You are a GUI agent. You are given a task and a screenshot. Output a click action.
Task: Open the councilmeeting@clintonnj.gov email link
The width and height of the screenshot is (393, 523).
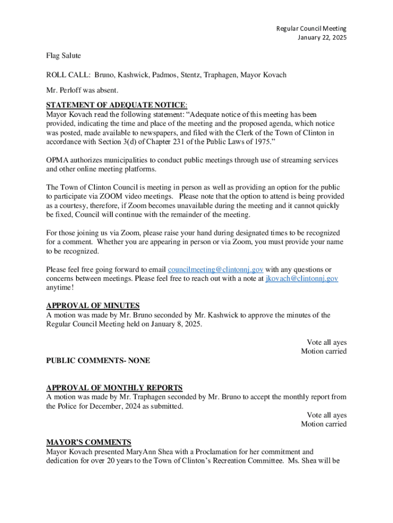click(x=215, y=270)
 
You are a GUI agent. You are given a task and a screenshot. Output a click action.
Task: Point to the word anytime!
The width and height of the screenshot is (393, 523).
click(x=60, y=288)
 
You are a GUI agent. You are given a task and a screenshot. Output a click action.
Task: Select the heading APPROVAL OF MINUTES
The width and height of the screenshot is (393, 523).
click(x=93, y=306)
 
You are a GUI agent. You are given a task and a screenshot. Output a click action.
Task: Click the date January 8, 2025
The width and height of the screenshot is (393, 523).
click(x=177, y=324)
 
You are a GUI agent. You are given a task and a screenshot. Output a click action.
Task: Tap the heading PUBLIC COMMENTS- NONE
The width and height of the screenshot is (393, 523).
click(x=98, y=361)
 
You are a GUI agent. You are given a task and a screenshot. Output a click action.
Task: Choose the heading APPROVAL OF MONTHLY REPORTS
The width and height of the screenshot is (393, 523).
click(x=114, y=388)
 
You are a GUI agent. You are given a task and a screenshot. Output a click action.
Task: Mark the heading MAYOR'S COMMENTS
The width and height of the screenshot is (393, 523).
click(x=88, y=442)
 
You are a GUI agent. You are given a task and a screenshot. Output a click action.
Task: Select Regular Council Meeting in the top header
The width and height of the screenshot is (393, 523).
click(x=311, y=29)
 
